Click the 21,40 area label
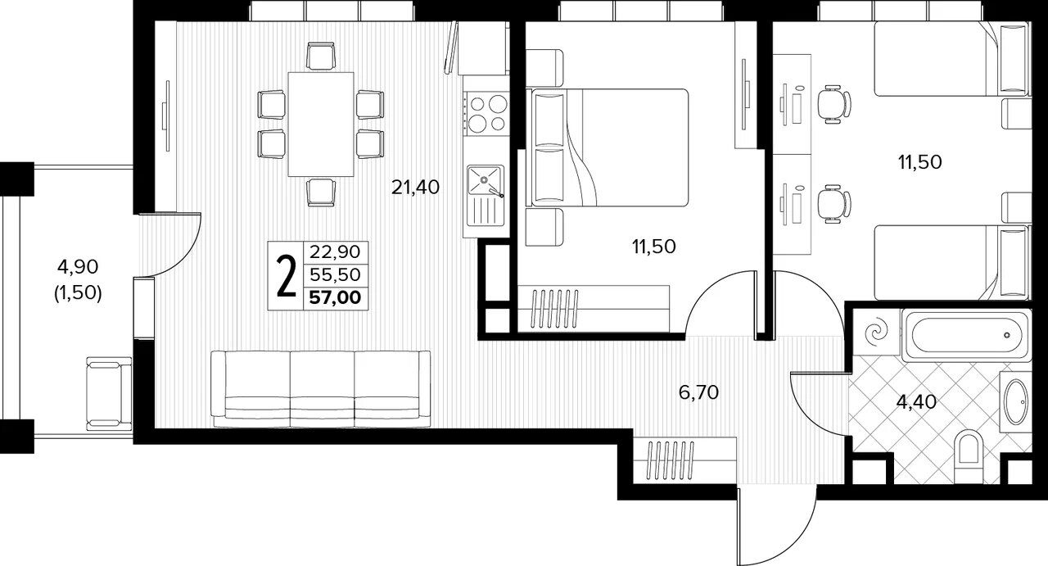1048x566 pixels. [415, 188]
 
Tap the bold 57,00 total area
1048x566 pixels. [336, 298]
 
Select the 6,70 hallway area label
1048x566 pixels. [698, 392]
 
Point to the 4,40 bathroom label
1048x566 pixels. [916, 401]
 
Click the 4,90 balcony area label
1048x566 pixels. [78, 267]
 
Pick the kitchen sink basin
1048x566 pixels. [486, 179]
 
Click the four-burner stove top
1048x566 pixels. [486, 113]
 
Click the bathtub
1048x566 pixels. [967, 335]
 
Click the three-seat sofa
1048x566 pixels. [320, 389]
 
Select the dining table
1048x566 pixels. [320, 124]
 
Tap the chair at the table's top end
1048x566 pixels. [321, 57]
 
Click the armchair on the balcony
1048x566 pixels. [109, 393]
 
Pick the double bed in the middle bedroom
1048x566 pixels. [608, 147]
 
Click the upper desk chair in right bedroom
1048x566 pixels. [833, 104]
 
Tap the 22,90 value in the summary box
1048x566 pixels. [336, 252]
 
